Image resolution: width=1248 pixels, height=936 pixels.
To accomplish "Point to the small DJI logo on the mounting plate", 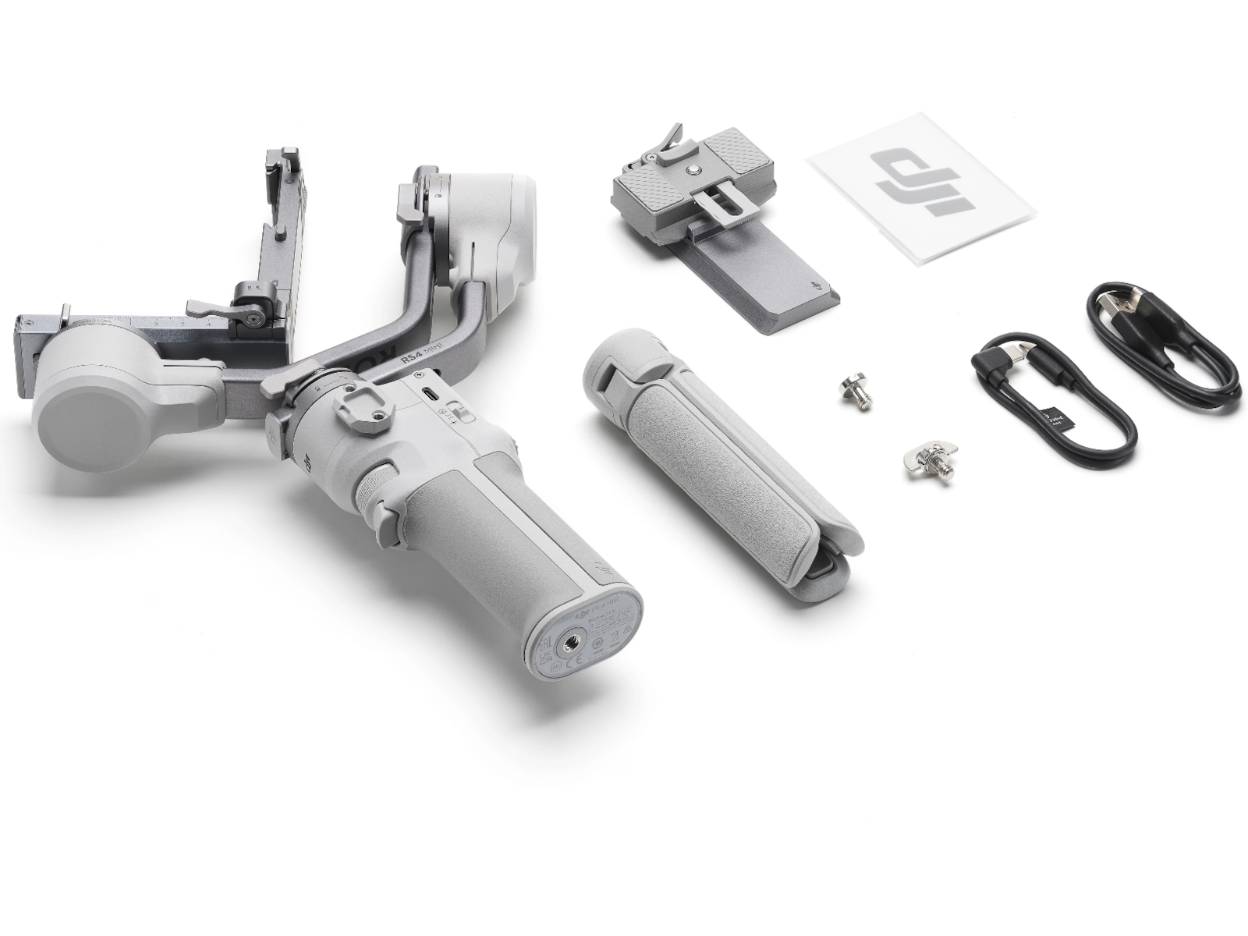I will point(816,288).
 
